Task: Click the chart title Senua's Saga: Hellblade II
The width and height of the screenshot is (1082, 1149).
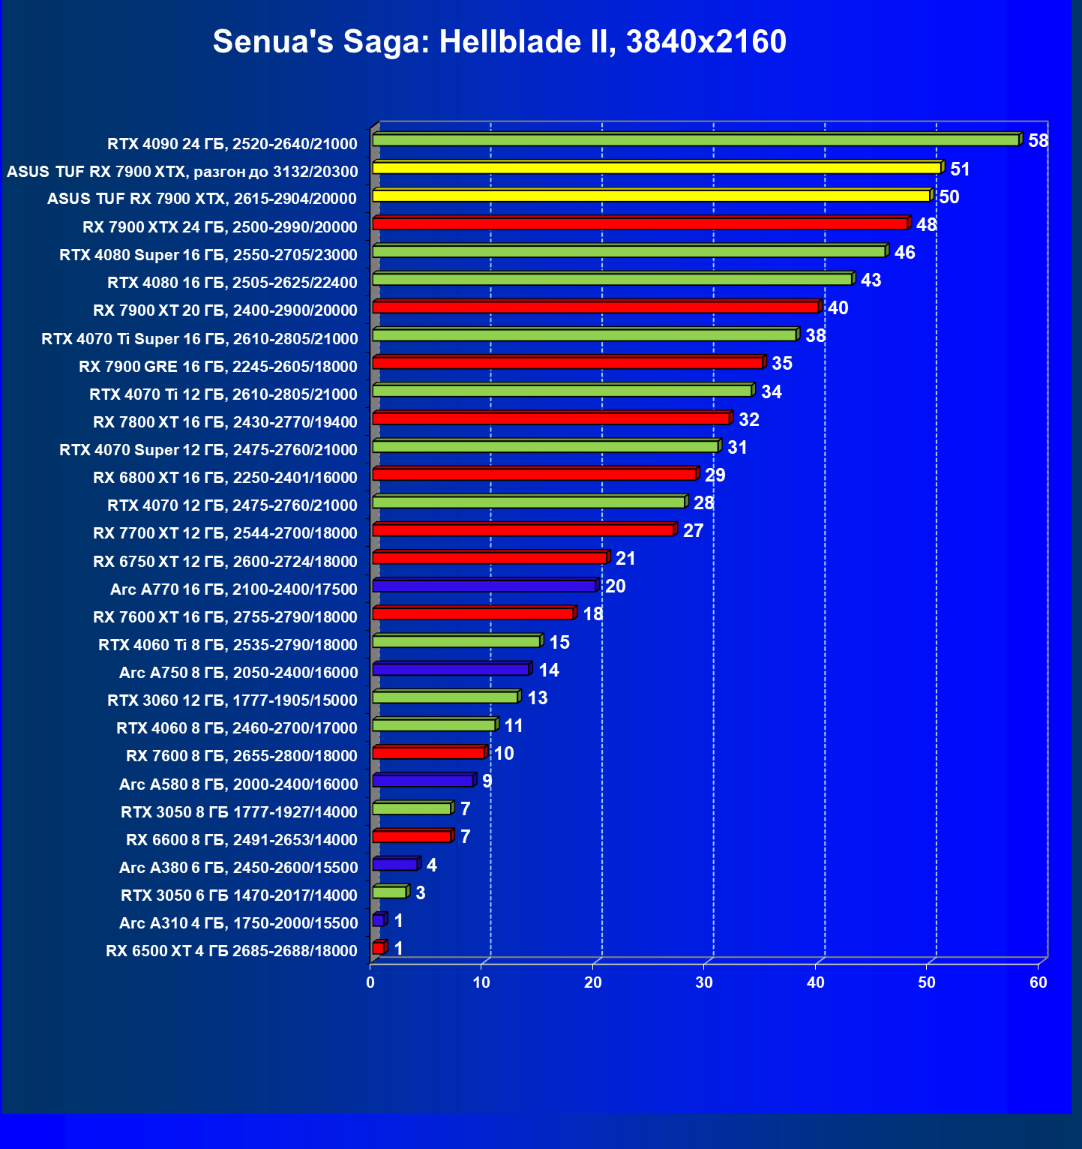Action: coord(499,41)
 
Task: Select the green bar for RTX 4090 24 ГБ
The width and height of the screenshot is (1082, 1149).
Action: coord(695,140)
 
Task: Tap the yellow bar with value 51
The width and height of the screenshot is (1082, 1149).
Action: coord(656,168)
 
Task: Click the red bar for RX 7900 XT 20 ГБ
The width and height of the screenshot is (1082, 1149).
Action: coord(595,307)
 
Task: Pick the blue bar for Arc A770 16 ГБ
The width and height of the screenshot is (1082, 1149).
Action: coord(484,586)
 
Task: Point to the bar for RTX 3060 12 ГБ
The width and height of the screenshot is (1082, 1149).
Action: coord(445,697)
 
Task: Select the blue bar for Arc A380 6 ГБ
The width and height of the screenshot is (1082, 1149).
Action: coord(395,865)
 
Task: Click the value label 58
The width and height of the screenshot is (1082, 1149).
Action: coord(1038,141)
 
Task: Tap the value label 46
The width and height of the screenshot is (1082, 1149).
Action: coord(904,252)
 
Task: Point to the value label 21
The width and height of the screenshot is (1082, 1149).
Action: coord(625,558)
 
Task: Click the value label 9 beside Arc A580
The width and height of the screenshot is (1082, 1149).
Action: coord(487,781)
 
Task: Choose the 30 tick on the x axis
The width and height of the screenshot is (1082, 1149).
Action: coord(704,982)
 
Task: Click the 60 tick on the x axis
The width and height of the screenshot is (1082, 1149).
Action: coord(1038,982)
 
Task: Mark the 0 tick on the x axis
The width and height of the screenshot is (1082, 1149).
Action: coord(370,982)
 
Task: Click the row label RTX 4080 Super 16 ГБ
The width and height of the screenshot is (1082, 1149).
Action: coord(208,255)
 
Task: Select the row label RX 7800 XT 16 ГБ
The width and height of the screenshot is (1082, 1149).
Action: coord(225,422)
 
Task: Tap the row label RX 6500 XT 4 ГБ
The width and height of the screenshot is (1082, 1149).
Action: coord(232,951)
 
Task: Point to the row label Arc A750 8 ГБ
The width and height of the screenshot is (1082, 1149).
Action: coord(238,673)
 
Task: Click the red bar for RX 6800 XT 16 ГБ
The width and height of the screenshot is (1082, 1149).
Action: coord(535,474)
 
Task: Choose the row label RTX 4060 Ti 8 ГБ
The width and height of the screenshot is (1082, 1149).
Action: coord(228,645)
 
